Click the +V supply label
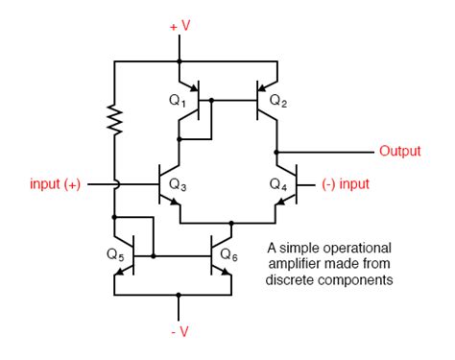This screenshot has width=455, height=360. (x=180, y=26)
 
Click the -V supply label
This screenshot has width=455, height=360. (x=180, y=333)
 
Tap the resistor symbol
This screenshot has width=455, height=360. (x=114, y=121)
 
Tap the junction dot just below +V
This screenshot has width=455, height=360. (x=180, y=61)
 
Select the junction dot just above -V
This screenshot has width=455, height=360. (x=180, y=295)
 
